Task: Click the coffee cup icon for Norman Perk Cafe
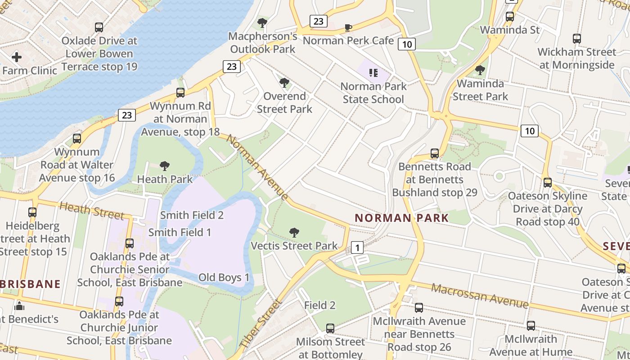348,27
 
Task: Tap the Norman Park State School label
373,93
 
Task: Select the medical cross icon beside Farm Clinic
17,57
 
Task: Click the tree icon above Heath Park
165,166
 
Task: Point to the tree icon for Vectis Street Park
294,233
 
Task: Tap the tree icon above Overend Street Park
284,83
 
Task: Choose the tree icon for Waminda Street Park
480,70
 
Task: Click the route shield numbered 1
357,247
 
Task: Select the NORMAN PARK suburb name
401,218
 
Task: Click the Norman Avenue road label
257,167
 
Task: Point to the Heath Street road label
91,210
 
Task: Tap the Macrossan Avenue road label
480,296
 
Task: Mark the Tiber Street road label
261,323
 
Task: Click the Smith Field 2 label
192,215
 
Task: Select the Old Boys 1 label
224,277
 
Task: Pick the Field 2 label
320,305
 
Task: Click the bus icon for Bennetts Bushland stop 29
435,153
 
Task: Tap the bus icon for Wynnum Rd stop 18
180,93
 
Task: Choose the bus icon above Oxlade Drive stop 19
99,27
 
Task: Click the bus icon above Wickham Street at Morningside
577,39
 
